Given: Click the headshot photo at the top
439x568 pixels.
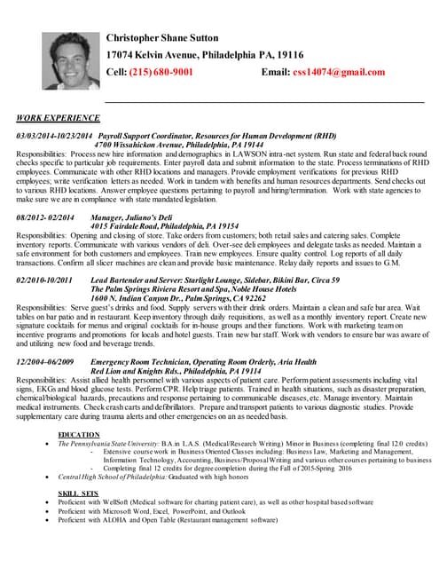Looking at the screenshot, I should [x=64, y=60].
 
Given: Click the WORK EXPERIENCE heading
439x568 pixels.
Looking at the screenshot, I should [x=59, y=117].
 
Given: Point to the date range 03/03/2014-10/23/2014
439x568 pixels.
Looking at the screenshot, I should [x=54, y=136].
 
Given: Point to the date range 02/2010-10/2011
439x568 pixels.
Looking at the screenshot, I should [x=44, y=280].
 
